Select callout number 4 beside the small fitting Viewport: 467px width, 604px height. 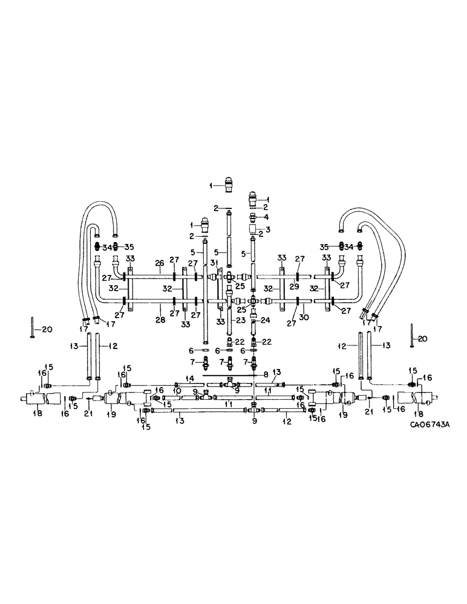pos(266,217)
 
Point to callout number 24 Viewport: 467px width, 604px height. pos(265,321)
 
